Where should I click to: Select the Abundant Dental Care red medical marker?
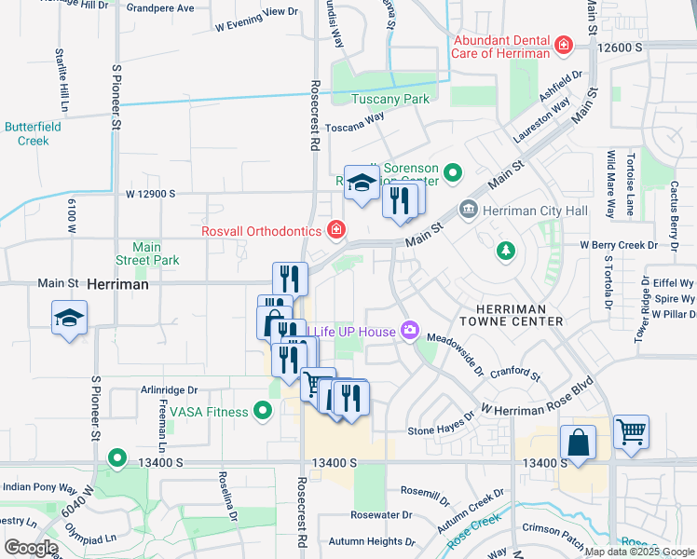pos(563,45)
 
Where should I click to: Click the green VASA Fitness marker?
pos(263,411)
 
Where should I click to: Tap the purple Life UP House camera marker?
pos(408,331)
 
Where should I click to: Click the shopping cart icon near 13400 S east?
pos(631,432)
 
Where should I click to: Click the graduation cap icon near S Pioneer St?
pos(69,319)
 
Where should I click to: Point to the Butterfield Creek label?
pos(26,133)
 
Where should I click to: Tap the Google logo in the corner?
pos(30,548)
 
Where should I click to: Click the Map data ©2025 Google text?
pos(638,552)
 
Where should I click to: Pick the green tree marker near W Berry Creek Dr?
pos(505,250)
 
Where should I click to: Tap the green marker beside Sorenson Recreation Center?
pos(454,172)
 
